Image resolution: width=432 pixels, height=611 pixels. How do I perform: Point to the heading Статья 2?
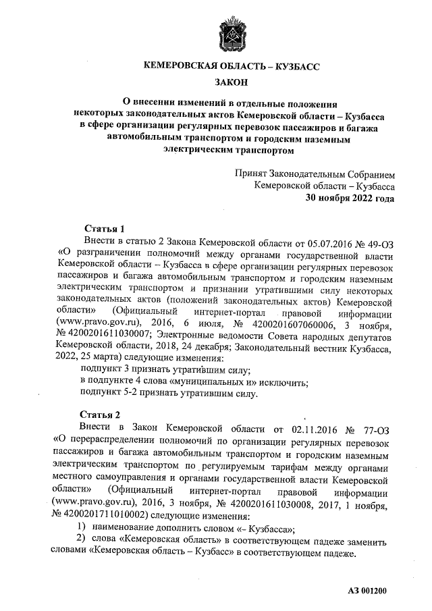tap(101, 415)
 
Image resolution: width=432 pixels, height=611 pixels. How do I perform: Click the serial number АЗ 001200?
tap(368, 591)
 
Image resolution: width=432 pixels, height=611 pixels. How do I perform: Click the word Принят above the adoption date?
tap(251, 173)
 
